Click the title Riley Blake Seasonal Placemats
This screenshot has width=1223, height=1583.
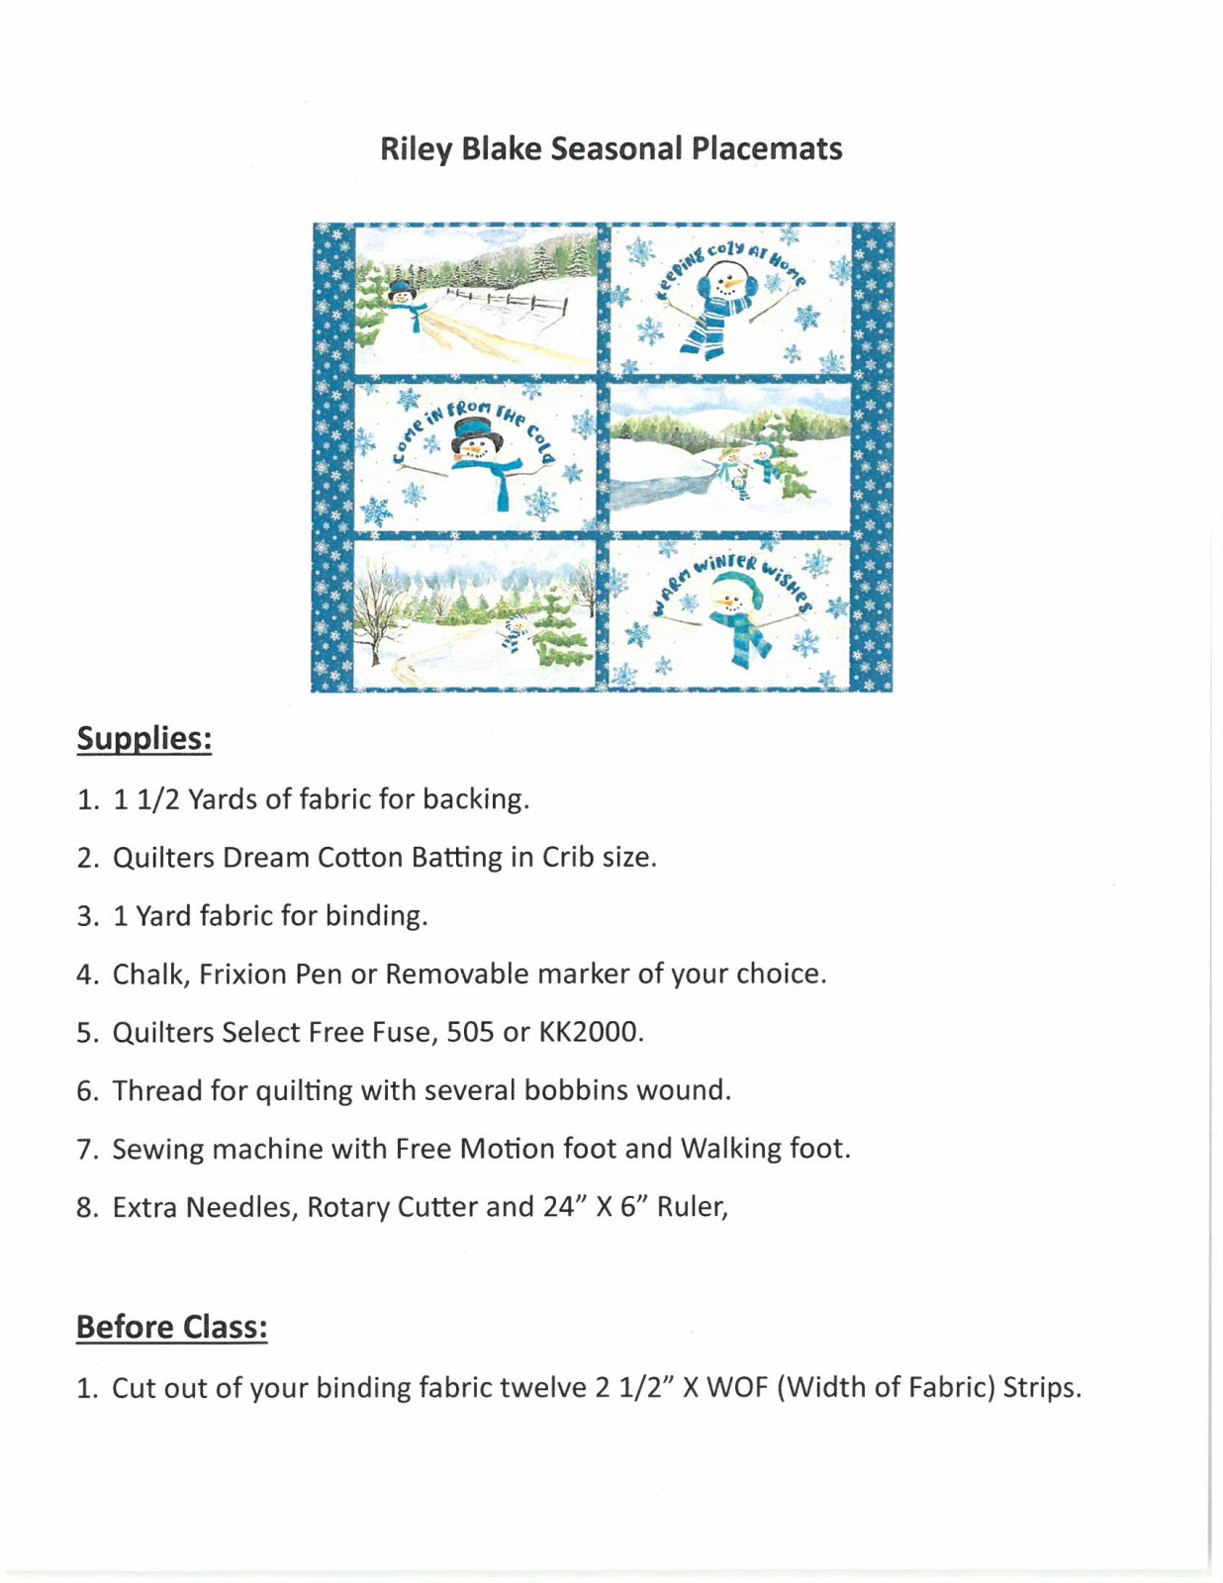click(611, 148)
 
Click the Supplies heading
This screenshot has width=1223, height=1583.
click(144, 738)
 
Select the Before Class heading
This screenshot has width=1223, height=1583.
click(171, 1326)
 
